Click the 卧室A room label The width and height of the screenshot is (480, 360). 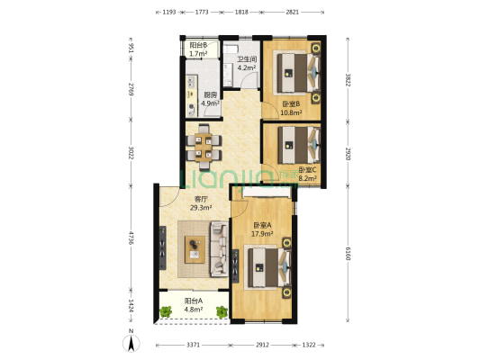coord(262,225)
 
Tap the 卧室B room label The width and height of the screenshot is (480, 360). coord(291,104)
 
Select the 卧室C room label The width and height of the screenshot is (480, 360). coord(307,170)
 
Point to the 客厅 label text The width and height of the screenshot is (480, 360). coord(201,199)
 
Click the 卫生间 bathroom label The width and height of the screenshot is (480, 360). coord(247,59)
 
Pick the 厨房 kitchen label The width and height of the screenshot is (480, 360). coord(210,95)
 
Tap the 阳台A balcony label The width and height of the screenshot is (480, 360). coord(193,301)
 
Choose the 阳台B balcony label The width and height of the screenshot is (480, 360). coord(198,45)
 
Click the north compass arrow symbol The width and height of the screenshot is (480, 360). coord(131,343)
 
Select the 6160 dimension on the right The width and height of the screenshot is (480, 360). coord(348,254)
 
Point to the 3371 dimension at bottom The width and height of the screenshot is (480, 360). coord(193,345)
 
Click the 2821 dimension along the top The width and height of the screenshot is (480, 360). coord(293,13)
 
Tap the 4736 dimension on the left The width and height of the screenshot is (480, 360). coord(131,238)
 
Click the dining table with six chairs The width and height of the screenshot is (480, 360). coord(204,147)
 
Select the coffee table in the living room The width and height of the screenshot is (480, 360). coord(195,249)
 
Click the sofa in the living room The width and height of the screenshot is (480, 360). coord(219,249)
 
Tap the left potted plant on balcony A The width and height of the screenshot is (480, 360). coord(166,312)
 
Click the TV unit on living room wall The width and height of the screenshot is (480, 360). coord(163,247)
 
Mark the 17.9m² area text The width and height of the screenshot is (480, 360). coord(262,234)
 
